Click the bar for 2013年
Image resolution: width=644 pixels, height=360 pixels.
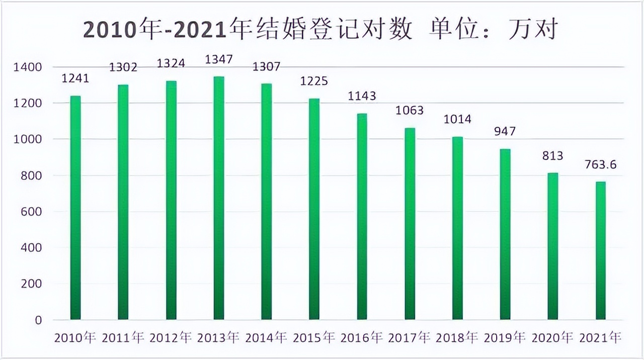click(219, 198)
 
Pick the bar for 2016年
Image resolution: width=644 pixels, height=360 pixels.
click(362, 216)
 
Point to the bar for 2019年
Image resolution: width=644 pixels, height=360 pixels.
click(505, 234)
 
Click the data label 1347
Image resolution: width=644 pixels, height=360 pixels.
click(219, 60)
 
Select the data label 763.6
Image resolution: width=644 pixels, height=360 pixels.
click(600, 165)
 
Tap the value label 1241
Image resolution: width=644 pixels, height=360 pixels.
click(75, 78)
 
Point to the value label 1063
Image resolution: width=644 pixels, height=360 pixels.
click(410, 111)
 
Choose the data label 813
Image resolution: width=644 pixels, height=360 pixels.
click(552, 155)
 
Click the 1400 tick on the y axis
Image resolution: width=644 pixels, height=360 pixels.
click(32, 67)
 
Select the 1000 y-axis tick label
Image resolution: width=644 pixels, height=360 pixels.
click(32, 139)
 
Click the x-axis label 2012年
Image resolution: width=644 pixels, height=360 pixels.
click(171, 337)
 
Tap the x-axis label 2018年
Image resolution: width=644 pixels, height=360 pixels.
click(457, 337)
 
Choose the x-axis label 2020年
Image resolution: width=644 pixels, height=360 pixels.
click(553, 337)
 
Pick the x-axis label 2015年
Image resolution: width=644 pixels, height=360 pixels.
click(314, 337)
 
